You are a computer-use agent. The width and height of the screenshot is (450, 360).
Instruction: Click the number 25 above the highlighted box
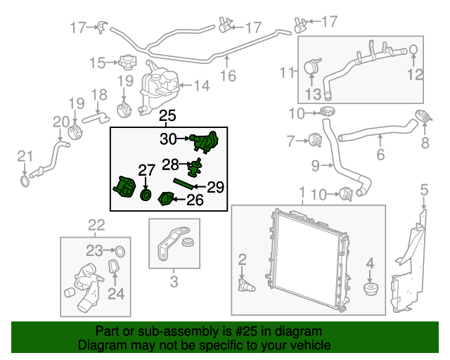point(167,117)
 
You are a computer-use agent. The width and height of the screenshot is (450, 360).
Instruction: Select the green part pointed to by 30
point(206,143)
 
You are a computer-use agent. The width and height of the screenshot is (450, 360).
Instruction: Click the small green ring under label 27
point(146,194)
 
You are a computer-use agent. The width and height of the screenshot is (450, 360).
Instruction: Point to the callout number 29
point(216,187)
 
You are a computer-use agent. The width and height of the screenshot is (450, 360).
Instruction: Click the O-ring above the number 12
point(414,49)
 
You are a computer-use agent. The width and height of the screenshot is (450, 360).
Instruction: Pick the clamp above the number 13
point(311,67)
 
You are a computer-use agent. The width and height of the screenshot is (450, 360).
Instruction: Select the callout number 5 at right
point(424,189)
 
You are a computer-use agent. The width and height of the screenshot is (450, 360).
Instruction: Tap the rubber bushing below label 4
point(369,288)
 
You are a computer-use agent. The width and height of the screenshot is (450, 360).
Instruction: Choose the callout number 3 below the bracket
point(174,284)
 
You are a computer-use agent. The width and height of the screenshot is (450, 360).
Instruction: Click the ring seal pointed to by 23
point(120,250)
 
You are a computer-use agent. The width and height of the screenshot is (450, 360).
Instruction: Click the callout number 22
point(96,225)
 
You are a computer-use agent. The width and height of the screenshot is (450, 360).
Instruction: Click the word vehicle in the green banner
point(310,345)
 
